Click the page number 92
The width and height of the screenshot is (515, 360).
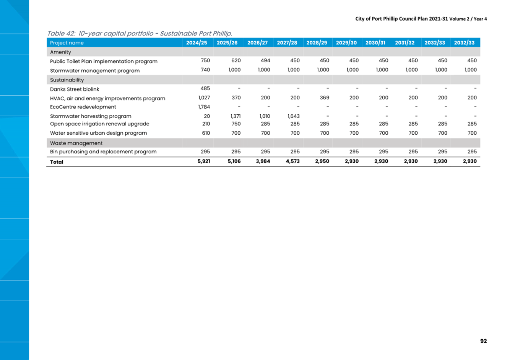[484, 341]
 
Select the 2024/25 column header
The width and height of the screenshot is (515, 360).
[197, 43]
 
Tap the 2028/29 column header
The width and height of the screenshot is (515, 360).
[317, 43]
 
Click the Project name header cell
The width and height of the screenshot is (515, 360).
[67, 43]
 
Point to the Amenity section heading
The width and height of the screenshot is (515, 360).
[60, 52]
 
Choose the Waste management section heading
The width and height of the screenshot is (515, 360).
[76, 143]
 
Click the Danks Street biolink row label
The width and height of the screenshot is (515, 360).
[75, 89]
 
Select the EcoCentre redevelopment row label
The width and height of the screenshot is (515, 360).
[83, 107]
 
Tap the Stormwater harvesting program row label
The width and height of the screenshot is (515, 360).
[91, 116]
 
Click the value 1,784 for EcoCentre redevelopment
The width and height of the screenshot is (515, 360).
[204, 107]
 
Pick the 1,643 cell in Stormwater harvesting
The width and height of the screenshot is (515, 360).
[294, 116]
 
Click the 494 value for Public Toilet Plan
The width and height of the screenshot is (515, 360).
[265, 60]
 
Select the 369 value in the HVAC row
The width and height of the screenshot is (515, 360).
[324, 98]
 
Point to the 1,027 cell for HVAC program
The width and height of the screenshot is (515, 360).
[204, 98]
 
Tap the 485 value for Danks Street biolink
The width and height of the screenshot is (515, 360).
[205, 88]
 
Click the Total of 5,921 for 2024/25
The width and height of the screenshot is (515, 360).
[204, 161]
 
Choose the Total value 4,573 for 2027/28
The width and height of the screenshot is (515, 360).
[293, 161]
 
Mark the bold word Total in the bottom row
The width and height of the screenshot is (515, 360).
[57, 162]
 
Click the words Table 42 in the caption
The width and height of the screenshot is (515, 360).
[61, 34]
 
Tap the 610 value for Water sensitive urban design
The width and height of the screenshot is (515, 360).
[206, 133]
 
